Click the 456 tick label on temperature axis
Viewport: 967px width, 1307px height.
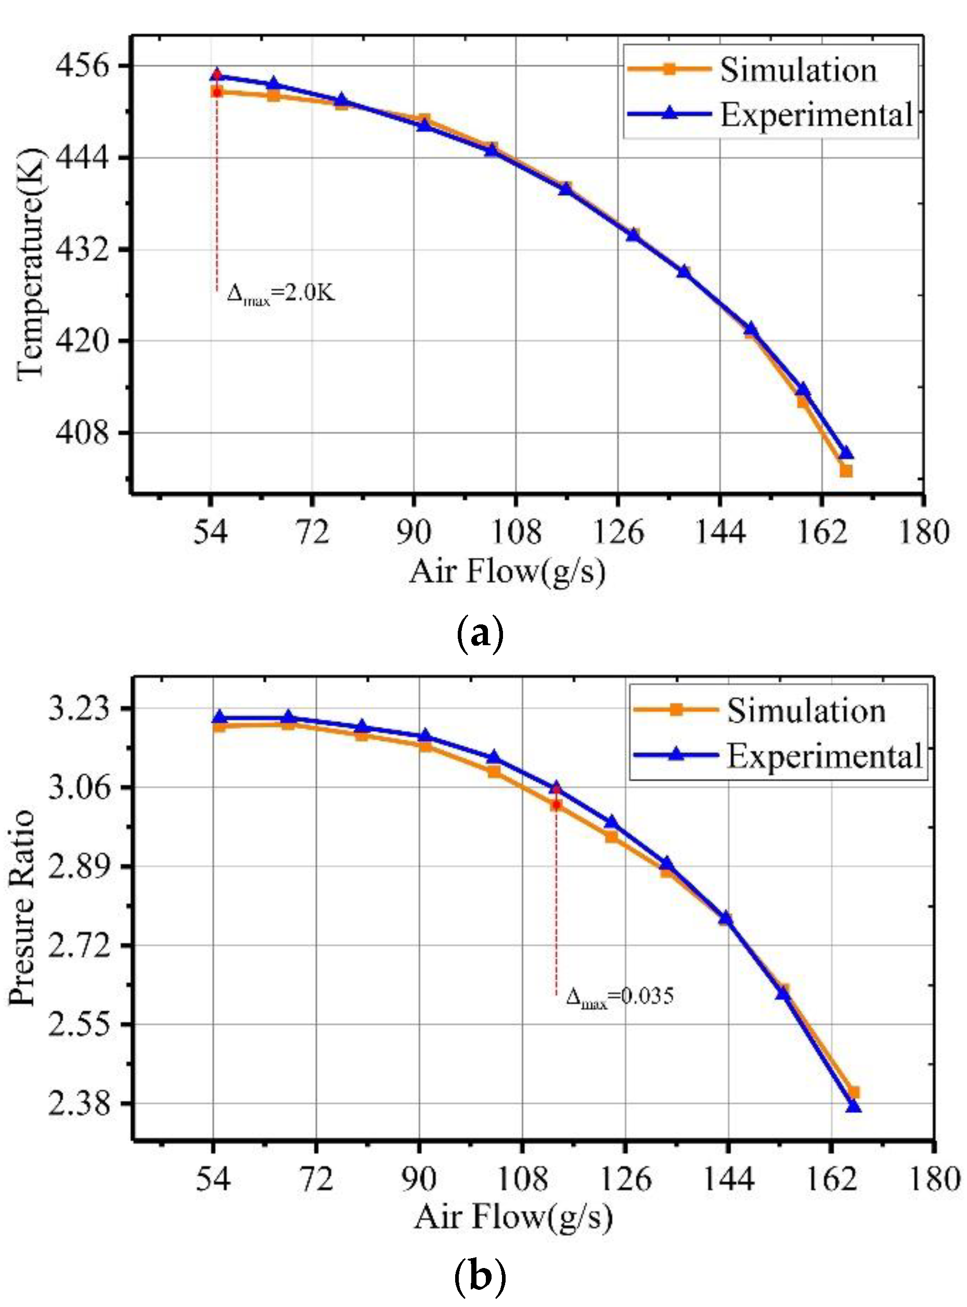click(x=82, y=66)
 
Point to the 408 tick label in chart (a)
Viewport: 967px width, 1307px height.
click(x=82, y=434)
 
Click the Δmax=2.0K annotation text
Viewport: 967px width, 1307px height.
click(x=281, y=293)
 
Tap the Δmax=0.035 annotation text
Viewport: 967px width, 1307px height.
click(x=620, y=996)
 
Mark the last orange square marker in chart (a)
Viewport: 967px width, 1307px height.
click(x=846, y=471)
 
